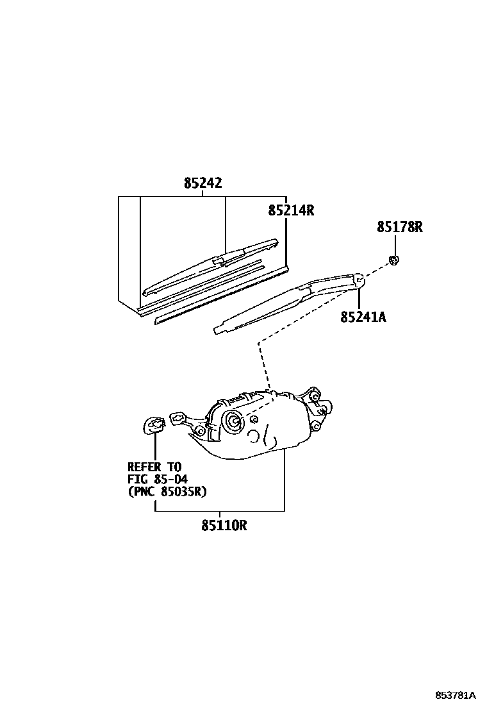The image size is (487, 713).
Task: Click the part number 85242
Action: [202, 183]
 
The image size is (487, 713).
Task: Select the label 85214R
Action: [291, 210]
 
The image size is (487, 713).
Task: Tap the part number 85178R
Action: [400, 227]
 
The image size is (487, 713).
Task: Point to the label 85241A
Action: [363, 316]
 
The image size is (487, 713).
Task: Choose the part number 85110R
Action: [224, 526]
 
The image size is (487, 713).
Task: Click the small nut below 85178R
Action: [395, 260]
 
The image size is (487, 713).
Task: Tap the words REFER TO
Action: [154, 467]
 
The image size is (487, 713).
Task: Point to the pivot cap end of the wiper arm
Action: [359, 280]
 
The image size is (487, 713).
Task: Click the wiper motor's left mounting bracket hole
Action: [176, 418]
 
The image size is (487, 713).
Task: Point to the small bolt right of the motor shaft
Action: [255, 419]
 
